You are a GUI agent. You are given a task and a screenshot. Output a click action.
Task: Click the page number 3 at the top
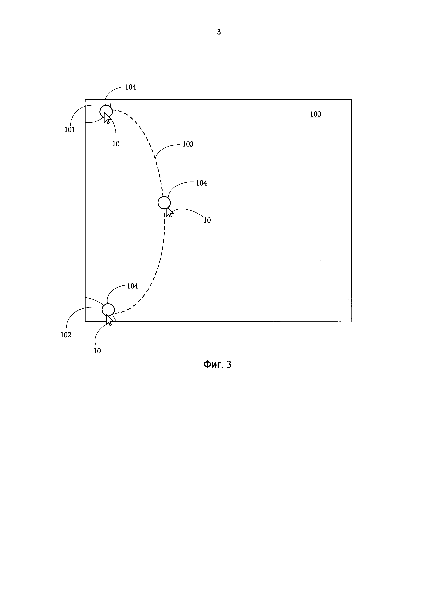(x=219, y=32)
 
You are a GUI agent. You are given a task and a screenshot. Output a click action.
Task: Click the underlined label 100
(x=315, y=114)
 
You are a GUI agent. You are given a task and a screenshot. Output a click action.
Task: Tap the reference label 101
(x=70, y=130)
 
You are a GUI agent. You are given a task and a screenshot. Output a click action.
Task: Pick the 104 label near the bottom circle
(x=132, y=286)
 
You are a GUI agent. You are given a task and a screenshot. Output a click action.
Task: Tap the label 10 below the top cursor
(x=116, y=144)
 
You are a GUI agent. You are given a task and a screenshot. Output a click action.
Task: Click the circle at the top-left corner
(x=106, y=111)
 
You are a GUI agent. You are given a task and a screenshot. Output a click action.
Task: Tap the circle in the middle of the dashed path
(x=164, y=203)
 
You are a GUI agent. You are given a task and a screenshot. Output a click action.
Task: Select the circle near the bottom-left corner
(x=108, y=309)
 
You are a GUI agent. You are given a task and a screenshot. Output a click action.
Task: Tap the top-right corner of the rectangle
(x=352, y=100)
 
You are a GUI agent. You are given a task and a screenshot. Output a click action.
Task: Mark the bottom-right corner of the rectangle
(x=351, y=322)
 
